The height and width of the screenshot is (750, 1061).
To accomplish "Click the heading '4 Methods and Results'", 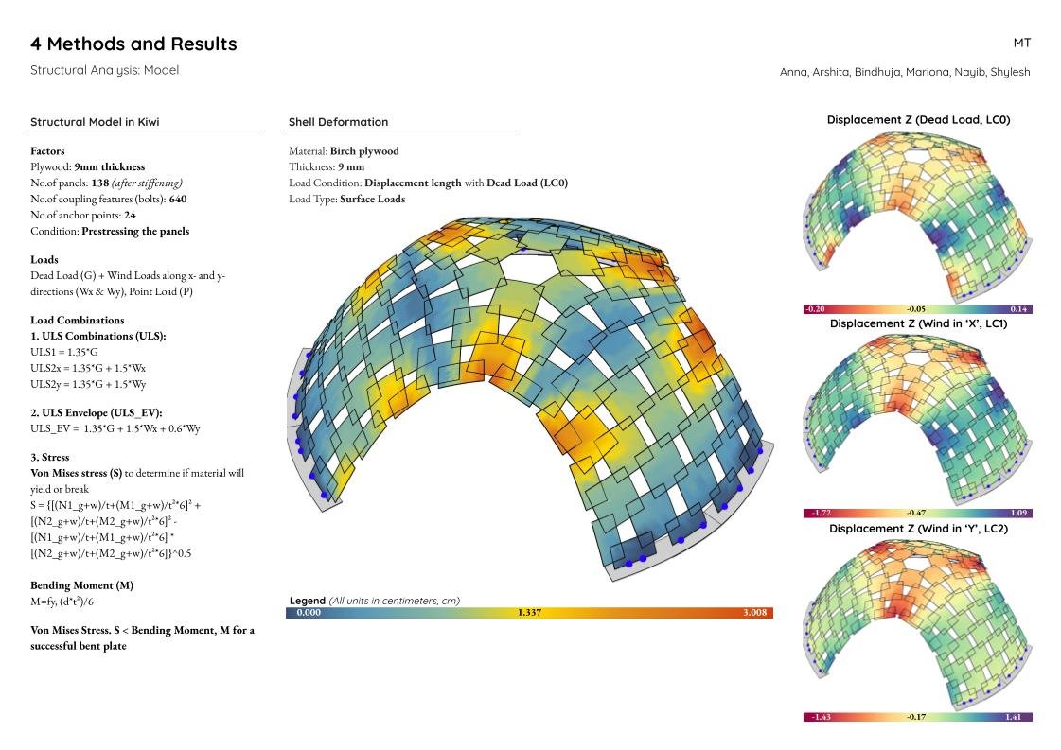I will [133, 44].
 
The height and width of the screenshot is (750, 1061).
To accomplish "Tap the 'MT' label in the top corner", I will [1021, 43].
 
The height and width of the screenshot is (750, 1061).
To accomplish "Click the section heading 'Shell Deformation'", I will [338, 122].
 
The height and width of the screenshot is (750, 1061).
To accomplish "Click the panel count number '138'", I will [100, 183].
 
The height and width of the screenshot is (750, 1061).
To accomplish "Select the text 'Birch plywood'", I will [364, 150].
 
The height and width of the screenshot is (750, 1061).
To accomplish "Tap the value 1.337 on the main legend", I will [529, 613].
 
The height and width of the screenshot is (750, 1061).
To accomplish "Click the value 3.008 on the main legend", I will [754, 613].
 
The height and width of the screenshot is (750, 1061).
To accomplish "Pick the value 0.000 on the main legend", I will [309, 613].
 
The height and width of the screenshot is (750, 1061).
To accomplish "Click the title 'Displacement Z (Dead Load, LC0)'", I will [918, 120].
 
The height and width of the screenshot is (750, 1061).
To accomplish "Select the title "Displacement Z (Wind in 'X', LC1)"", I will [918, 323].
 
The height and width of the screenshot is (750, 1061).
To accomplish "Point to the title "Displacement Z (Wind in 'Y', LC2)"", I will [918, 529].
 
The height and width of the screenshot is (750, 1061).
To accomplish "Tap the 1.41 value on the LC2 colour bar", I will [1017, 717].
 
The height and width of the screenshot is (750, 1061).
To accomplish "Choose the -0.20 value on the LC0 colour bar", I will [814, 309].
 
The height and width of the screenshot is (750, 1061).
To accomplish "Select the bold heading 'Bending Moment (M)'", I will [81, 585].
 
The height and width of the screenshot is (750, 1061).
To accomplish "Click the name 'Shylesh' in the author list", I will [1010, 72].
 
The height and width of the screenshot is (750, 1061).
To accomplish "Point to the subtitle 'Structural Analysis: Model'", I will [104, 70].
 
